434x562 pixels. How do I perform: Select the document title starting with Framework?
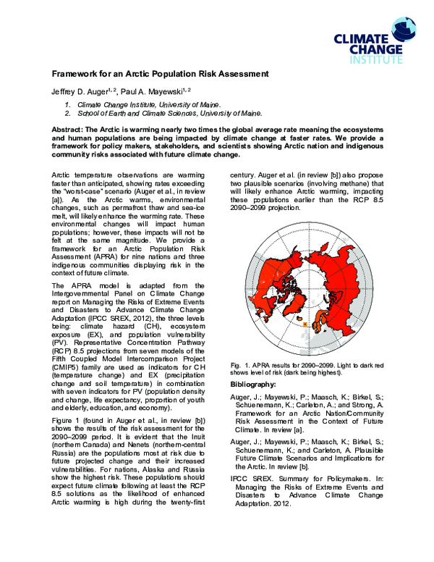(x=159, y=74)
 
